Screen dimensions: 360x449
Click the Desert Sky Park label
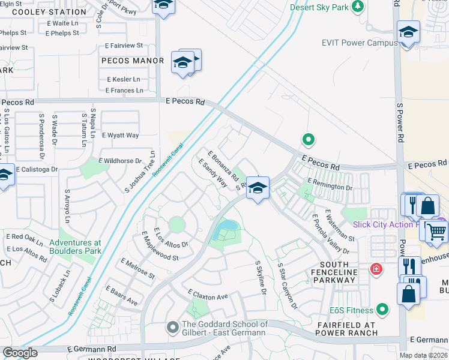tap(320, 7)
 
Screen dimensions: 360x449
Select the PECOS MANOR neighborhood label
tap(133, 61)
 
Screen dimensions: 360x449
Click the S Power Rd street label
tap(400, 121)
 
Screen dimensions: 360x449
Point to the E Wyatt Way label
tap(120, 136)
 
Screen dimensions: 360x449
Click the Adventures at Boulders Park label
tap(76, 247)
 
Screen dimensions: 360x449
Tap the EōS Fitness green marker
tap(382, 310)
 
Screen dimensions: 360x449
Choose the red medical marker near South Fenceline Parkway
tap(376, 268)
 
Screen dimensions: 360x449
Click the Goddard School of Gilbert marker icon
tap(173, 328)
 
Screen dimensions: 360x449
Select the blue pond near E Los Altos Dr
tap(226, 227)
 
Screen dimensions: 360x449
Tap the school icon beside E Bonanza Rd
tap(257, 187)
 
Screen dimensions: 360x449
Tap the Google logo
tap(20, 353)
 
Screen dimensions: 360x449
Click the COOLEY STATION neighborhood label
tap(49, 12)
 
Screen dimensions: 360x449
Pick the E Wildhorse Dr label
tap(122, 161)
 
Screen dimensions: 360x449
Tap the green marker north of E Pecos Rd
tap(309, 140)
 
